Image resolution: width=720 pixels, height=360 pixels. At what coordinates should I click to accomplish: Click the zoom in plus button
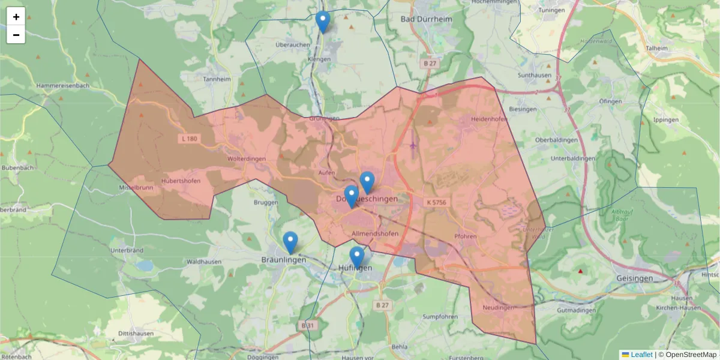[16, 17]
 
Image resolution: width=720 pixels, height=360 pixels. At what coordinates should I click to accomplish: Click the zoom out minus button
[16, 35]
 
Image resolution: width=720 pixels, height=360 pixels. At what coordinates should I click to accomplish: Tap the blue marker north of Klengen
[323, 22]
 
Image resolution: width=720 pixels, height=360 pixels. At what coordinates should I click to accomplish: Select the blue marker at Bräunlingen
[290, 242]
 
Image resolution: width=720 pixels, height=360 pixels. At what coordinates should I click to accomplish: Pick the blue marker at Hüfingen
[357, 257]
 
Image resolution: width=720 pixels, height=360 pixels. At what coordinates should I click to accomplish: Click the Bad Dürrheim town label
[426, 19]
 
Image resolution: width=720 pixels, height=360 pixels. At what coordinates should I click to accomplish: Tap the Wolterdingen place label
[247, 159]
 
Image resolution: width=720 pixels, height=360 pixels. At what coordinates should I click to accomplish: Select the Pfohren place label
[466, 236]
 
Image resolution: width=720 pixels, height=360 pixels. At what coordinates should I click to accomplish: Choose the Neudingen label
[498, 308]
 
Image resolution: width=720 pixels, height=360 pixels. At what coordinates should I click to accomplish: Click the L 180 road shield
[189, 139]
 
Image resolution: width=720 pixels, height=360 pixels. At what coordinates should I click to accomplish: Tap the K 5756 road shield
[437, 203]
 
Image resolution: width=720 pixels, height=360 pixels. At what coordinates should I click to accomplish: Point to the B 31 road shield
[307, 325]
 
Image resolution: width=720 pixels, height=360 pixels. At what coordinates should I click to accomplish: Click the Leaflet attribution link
[641, 355]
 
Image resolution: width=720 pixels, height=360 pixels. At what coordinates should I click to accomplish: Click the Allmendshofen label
[376, 233]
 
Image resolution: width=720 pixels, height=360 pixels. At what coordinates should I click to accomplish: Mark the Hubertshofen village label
[181, 180]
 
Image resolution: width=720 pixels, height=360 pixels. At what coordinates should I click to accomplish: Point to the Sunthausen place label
[535, 76]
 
